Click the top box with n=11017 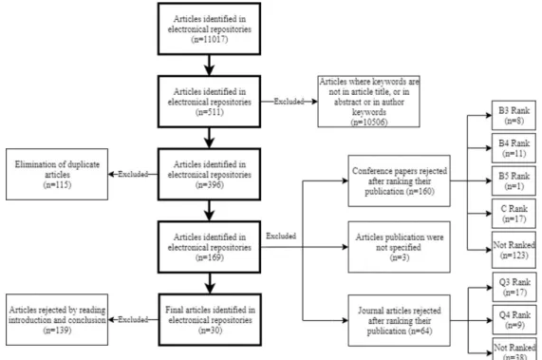pyautogui.click(x=209, y=28)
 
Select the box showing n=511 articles pyautogui.click(x=209, y=102)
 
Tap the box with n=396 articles pyautogui.click(x=209, y=174)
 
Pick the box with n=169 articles pyautogui.click(x=209, y=247)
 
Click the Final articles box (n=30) pyautogui.click(x=210, y=320)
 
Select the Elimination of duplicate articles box pyautogui.click(x=57, y=174)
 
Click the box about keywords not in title pyautogui.click(x=369, y=102)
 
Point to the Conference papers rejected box pyautogui.click(x=400, y=180)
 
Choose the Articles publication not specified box pyautogui.click(x=400, y=247)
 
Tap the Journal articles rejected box pyautogui.click(x=400, y=320)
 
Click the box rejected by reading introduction pyautogui.click(x=57, y=319)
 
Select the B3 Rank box pyautogui.click(x=514, y=116)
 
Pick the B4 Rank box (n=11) pyautogui.click(x=514, y=148)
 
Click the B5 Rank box pyautogui.click(x=514, y=180)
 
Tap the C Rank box pyautogui.click(x=514, y=214)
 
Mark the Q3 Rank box pyautogui.click(x=514, y=287)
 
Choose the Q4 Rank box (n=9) pyautogui.click(x=514, y=320)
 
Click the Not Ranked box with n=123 pyautogui.click(x=514, y=250)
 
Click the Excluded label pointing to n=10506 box pyautogui.click(x=289, y=102)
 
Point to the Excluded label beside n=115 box pyautogui.click(x=133, y=174)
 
